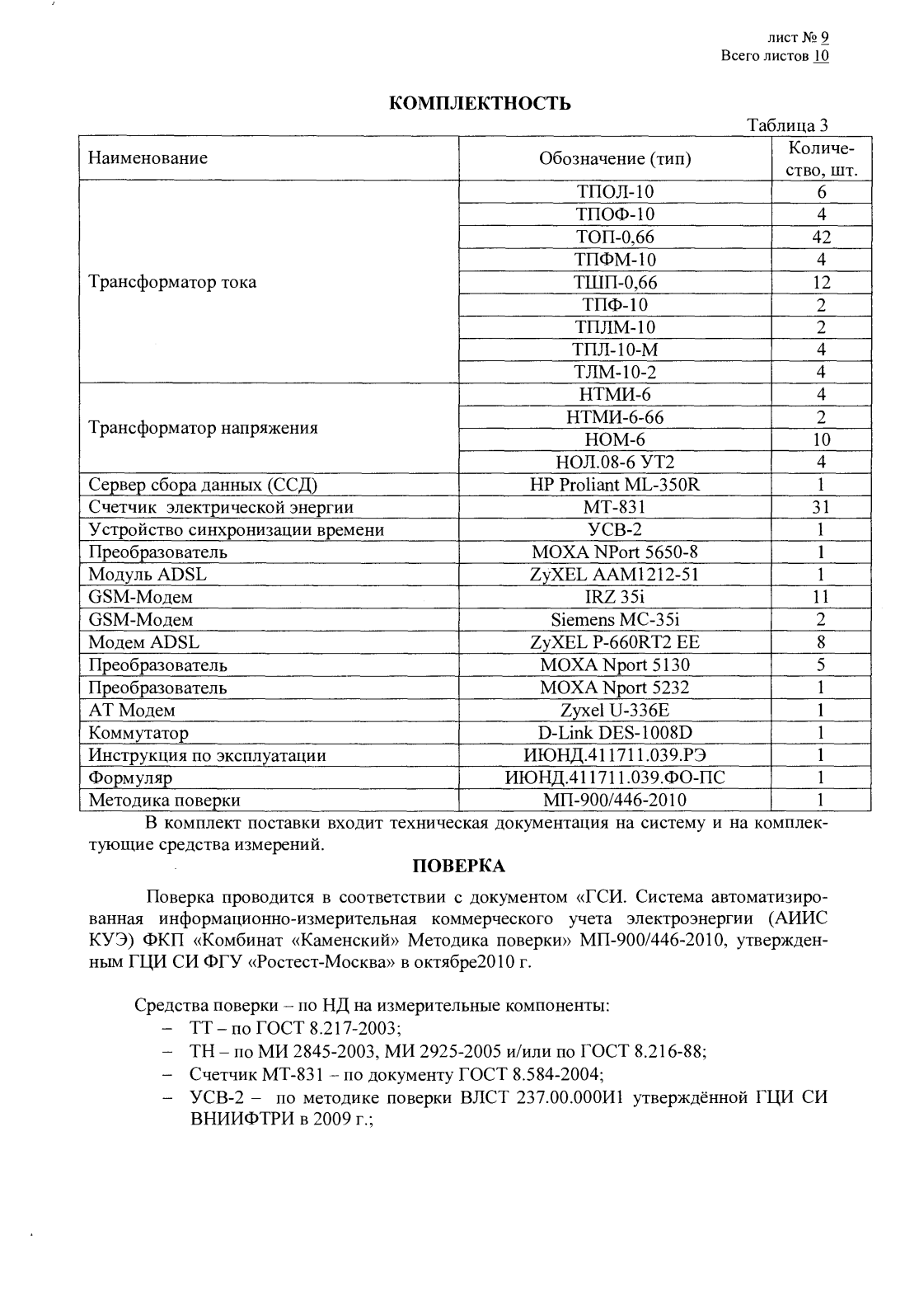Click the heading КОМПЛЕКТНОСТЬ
pos(480,103)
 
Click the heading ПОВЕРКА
pos(458,866)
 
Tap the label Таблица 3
pos(787,125)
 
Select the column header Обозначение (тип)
pos(615,158)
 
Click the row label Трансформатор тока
pos(172,282)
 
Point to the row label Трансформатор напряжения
pos(203,429)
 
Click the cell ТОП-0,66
pos(615,237)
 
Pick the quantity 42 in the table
pos(821,237)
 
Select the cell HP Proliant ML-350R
pos(615,485)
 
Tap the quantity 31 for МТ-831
pos(821,507)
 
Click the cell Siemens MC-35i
pos(615,620)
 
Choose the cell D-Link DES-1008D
pos(615,733)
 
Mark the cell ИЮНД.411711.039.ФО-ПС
pos(615,777)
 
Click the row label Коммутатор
pos(138,733)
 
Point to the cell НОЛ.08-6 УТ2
pos(615,463)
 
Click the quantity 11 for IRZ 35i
pos(821,597)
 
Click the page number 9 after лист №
pos(823,37)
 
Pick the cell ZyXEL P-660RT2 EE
pos(615,642)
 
